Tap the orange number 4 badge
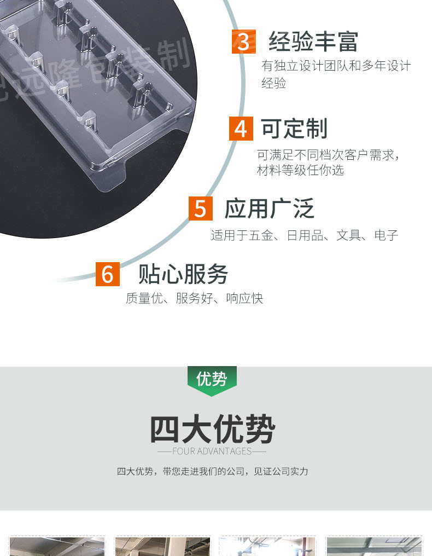coord(241,129)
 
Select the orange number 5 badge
coord(200,208)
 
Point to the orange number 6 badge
coord(107,274)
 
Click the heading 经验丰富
coord(313,42)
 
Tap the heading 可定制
coord(294,129)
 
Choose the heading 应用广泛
coord(269,208)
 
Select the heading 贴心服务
coord(183,274)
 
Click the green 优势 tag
coord(212,378)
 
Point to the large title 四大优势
coord(212,430)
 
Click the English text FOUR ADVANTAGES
coord(212,451)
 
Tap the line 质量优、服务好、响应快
coord(194,298)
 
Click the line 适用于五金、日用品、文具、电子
coord(305,236)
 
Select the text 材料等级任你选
coord(300,170)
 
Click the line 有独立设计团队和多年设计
coord(336,66)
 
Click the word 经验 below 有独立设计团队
coord(273,83)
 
